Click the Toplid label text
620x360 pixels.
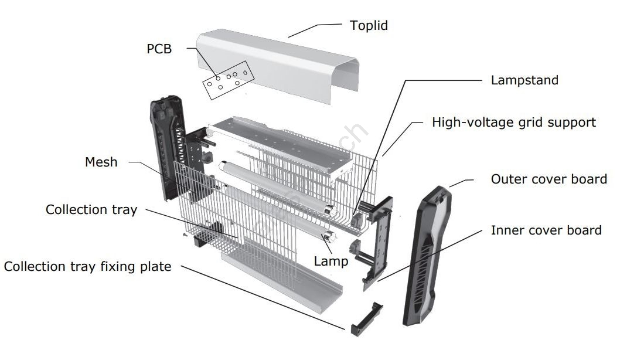point(369,26)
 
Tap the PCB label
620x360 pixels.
point(159,49)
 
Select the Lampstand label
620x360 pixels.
point(524,80)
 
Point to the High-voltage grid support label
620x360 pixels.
point(513,123)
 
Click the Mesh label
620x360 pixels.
point(101,162)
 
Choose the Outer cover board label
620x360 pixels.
point(549,179)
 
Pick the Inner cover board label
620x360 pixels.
point(546,230)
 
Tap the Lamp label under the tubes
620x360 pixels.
point(331,261)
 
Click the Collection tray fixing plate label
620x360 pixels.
point(88,267)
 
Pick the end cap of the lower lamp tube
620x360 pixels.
point(329,237)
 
